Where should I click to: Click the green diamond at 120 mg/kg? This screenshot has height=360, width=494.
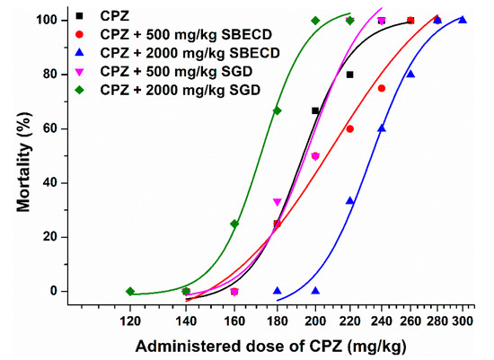pos(130,292)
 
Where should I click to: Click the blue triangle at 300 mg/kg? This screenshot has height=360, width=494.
pos(463,20)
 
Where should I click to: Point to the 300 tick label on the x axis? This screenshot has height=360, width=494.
pos(463,319)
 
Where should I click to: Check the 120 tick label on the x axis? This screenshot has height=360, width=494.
pos(130,319)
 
